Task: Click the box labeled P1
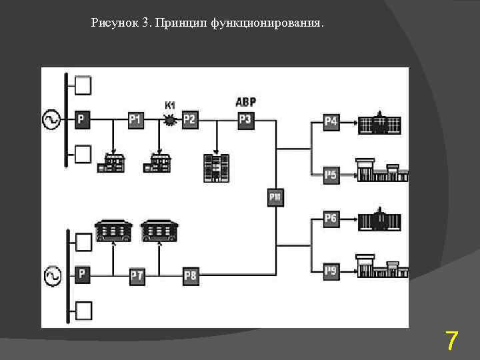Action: click(x=136, y=120)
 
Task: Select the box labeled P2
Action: click(x=190, y=120)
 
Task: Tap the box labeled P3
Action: click(x=245, y=120)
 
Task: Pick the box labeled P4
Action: click(x=331, y=121)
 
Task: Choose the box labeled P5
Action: click(x=331, y=175)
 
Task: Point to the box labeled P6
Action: click(x=331, y=218)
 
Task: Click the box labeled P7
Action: click(x=137, y=275)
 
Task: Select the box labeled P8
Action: click(x=191, y=275)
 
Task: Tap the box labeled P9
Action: click(x=331, y=271)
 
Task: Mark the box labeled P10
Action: click(x=276, y=197)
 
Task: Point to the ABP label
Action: click(x=246, y=102)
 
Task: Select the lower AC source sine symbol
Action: click(x=51, y=275)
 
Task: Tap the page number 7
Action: click(x=451, y=341)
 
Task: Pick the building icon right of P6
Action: click(x=380, y=220)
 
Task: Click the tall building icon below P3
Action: click(x=216, y=167)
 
